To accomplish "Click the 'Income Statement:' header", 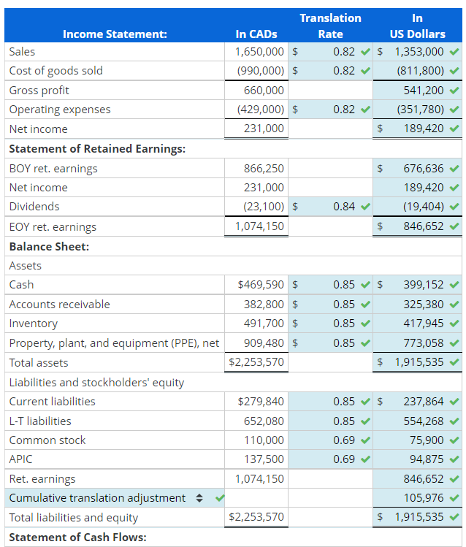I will pos(115,34).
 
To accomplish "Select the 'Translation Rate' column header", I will pos(330,26).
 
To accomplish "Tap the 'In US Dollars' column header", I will pos(417,26).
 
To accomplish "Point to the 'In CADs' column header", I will pos(256,34).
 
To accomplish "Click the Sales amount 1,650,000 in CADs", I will pos(260,52).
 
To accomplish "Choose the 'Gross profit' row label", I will pos(39,91).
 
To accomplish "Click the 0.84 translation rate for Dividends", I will pos(344,207).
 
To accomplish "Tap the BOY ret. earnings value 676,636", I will pos(423,169).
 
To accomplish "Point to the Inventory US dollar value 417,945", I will pos(423,324).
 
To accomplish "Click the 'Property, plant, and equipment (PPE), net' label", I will pos(114,343).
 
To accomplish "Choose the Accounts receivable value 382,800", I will pos(264,305).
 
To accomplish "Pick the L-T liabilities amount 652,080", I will pos(264,421).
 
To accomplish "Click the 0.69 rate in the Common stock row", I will pos(344,440).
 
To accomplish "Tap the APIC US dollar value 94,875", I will pos(426,459).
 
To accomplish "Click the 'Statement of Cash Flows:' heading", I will pos(77,538).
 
